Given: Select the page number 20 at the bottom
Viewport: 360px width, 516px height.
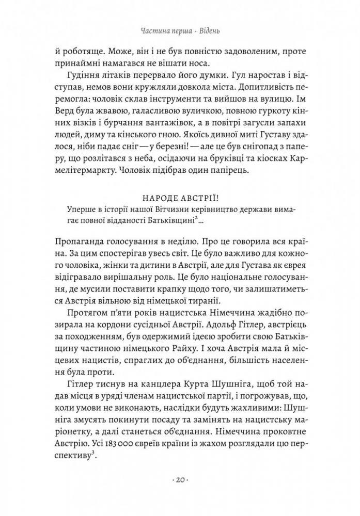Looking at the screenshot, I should [x=180, y=480].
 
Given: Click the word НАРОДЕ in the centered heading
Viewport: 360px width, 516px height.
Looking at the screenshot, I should [x=161, y=198].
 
